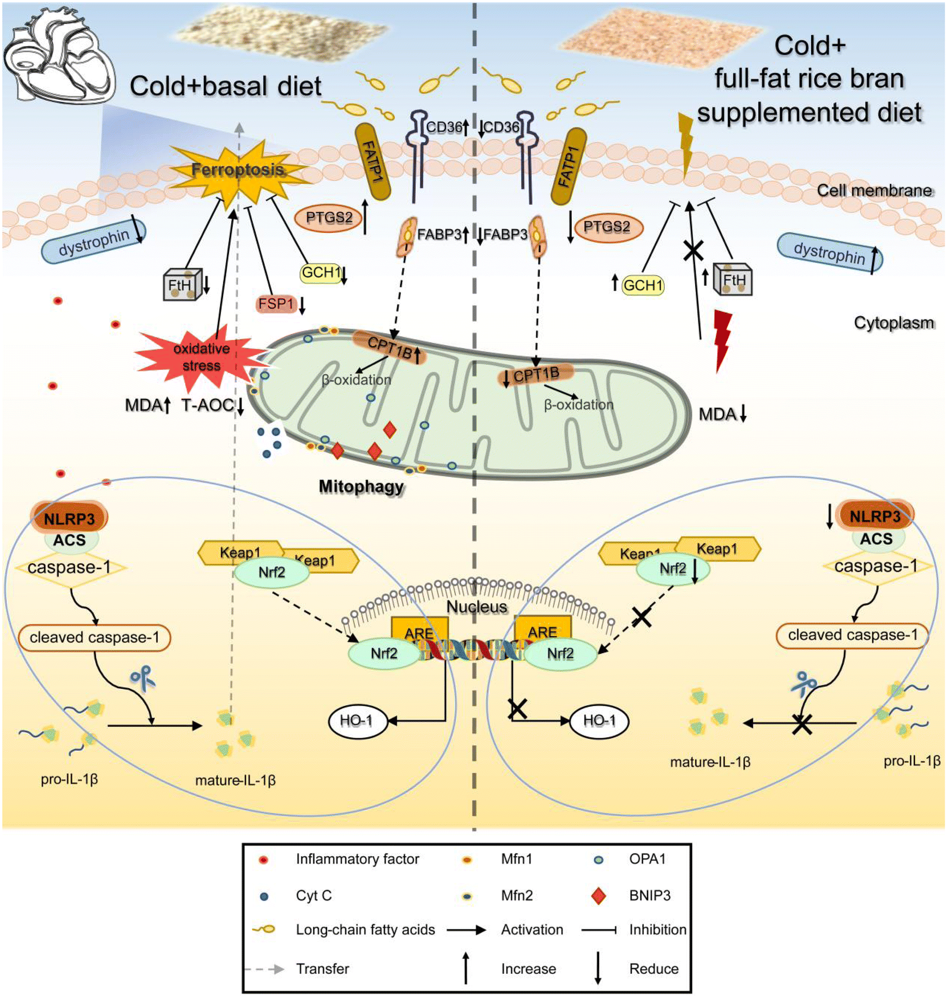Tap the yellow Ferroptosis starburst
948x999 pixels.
click(x=237, y=171)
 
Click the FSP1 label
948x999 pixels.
click(x=276, y=304)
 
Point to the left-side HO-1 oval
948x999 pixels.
click(x=357, y=721)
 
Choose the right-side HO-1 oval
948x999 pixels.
click(x=599, y=721)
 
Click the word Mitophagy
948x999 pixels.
click(x=361, y=486)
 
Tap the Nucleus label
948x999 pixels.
click(x=476, y=606)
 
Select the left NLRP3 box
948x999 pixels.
click(x=69, y=519)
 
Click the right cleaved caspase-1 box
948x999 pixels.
click(x=852, y=635)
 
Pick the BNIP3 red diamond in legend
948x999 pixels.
click(x=598, y=895)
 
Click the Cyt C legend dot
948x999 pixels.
click(x=264, y=896)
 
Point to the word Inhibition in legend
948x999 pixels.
click(x=657, y=929)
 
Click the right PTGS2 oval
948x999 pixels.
click(x=606, y=227)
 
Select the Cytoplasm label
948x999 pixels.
click(x=893, y=323)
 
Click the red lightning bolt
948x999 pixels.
click(x=722, y=340)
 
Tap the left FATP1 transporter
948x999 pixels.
click(x=373, y=161)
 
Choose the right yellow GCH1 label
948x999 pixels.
click(x=643, y=285)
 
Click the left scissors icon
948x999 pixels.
click(x=143, y=678)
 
